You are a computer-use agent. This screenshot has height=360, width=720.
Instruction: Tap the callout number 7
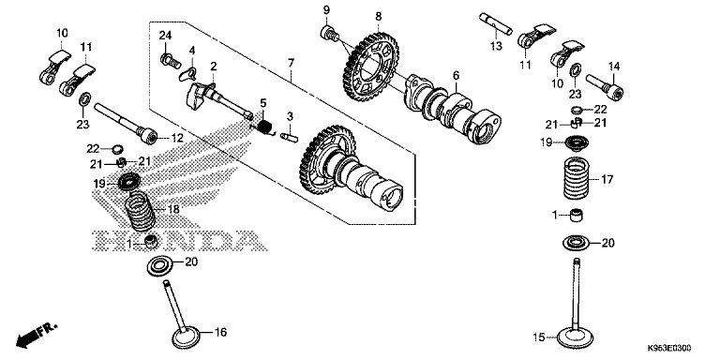coord(292,64)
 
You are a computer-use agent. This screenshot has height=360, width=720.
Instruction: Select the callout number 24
coord(165,36)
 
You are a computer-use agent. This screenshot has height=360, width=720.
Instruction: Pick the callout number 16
coord(222,332)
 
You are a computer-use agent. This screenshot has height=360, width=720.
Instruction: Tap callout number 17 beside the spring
coord(607,178)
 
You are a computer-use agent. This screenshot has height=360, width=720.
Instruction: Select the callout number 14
coord(615,66)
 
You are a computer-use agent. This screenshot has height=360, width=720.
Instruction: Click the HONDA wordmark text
coord(170,239)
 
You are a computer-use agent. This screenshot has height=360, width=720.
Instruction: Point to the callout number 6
coord(455,77)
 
